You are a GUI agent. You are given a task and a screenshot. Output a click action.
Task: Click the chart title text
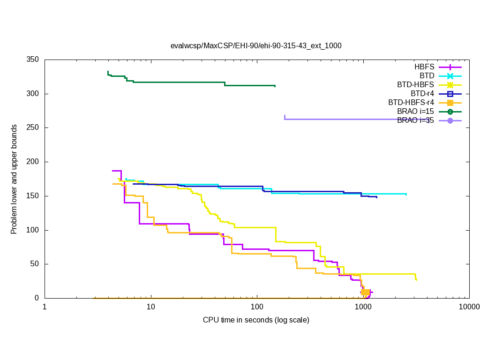[x=256, y=46]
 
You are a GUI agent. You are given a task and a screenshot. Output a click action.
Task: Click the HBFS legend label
[x=424, y=67]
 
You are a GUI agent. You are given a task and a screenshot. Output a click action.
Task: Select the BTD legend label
[x=427, y=76]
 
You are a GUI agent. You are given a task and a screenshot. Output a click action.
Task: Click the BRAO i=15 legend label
[x=415, y=112]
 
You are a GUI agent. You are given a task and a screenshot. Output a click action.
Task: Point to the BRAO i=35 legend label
[x=415, y=120]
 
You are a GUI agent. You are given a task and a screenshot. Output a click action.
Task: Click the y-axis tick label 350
[x=32, y=60]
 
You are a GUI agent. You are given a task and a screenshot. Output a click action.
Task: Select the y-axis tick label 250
[x=32, y=128]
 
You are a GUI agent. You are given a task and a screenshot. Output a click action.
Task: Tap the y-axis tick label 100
[x=32, y=230]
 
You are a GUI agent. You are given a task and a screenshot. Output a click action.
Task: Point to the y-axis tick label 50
[x=34, y=264]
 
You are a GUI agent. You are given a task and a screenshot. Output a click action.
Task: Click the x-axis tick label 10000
[x=469, y=307]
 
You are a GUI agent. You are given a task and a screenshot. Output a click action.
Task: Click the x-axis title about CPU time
[x=256, y=320]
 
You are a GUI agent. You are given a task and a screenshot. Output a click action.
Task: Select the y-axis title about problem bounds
[x=15, y=179]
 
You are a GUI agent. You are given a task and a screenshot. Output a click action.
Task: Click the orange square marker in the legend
[x=450, y=103]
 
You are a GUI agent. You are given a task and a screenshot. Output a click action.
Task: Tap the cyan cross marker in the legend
[x=450, y=76]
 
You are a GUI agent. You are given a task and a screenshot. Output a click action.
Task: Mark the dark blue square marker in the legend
[x=450, y=94]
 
